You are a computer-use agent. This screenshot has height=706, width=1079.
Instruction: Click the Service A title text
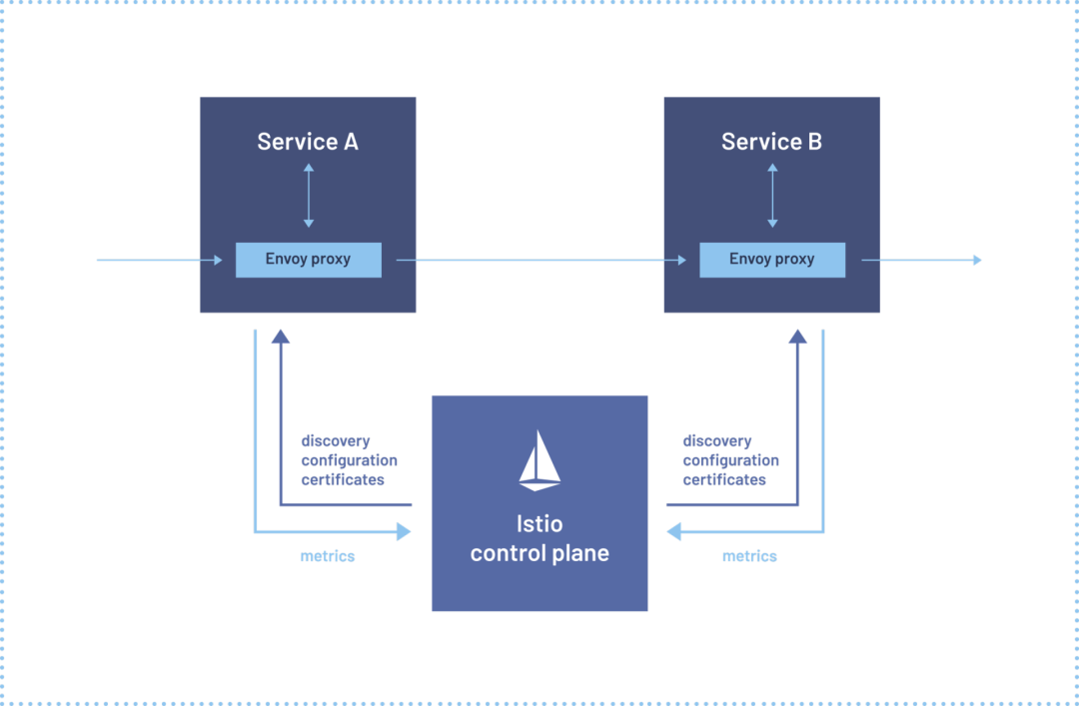click(308, 142)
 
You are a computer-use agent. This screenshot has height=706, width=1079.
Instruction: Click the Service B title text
click(771, 142)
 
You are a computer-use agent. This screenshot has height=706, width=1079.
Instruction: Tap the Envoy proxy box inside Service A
click(308, 260)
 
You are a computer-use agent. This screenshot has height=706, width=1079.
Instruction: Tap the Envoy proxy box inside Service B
click(771, 260)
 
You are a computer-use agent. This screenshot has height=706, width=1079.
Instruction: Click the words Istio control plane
click(539, 538)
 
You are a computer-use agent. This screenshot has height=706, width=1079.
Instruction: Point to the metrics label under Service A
click(328, 556)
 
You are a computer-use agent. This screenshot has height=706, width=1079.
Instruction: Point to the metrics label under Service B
click(749, 556)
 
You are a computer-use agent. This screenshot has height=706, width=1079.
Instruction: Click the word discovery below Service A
click(336, 441)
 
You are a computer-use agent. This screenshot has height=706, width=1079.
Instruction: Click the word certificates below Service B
click(724, 480)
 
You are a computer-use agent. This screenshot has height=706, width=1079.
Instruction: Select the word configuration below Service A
click(349, 460)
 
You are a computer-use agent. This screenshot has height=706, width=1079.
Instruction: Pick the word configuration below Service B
click(730, 460)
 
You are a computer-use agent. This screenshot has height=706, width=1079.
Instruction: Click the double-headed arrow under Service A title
click(308, 196)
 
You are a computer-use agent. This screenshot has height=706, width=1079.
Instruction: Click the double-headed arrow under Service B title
click(771, 196)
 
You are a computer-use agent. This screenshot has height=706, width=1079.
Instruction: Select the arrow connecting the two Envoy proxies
click(539, 261)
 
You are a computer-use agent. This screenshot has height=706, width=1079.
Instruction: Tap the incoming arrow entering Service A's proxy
click(160, 261)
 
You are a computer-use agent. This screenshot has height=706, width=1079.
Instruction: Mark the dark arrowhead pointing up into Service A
click(281, 337)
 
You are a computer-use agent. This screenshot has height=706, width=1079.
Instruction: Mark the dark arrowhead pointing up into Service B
click(797, 337)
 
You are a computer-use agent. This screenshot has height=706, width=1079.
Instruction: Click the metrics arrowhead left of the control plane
click(404, 532)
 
